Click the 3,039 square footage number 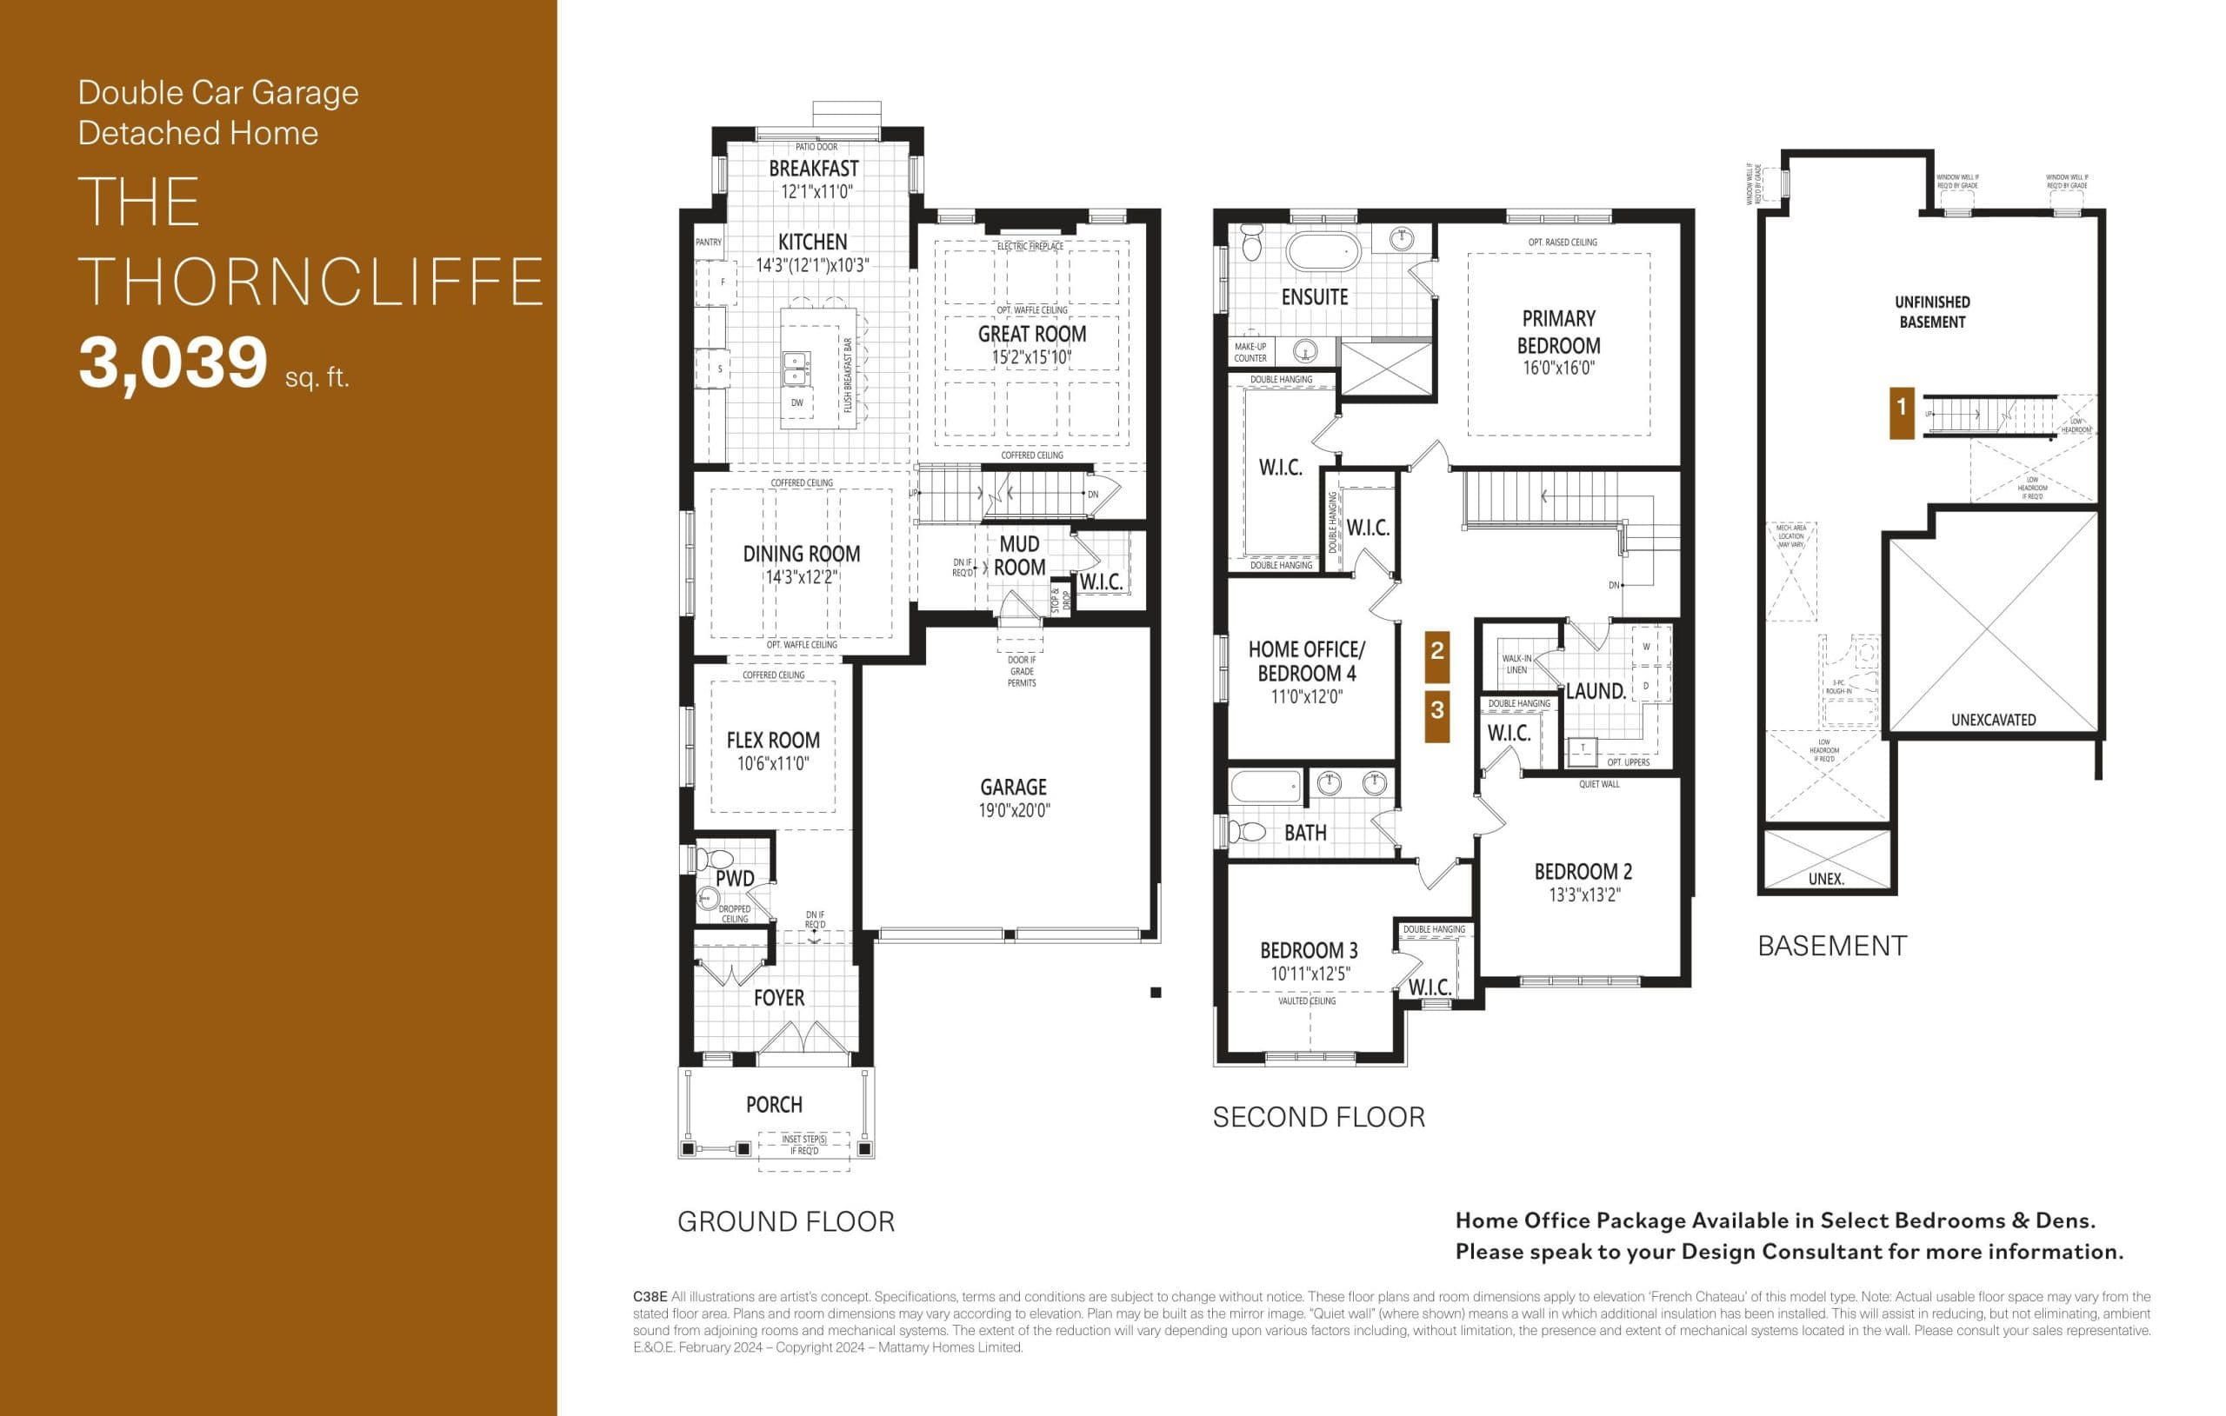pos(173,362)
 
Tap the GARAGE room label pos(1013,787)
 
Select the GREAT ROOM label pos(1031,334)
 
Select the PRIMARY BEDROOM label pos(1558,331)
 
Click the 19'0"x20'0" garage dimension pos(1014,811)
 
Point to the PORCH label pos(774,1105)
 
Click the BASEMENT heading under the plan pos(1831,946)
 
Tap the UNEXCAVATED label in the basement pos(1992,719)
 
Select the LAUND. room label pos(1596,691)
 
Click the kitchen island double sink pos(795,368)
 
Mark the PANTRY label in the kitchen pos(708,243)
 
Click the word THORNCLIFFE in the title pos(310,282)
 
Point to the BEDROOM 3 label pos(1308,950)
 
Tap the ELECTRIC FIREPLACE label pos(1030,246)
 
